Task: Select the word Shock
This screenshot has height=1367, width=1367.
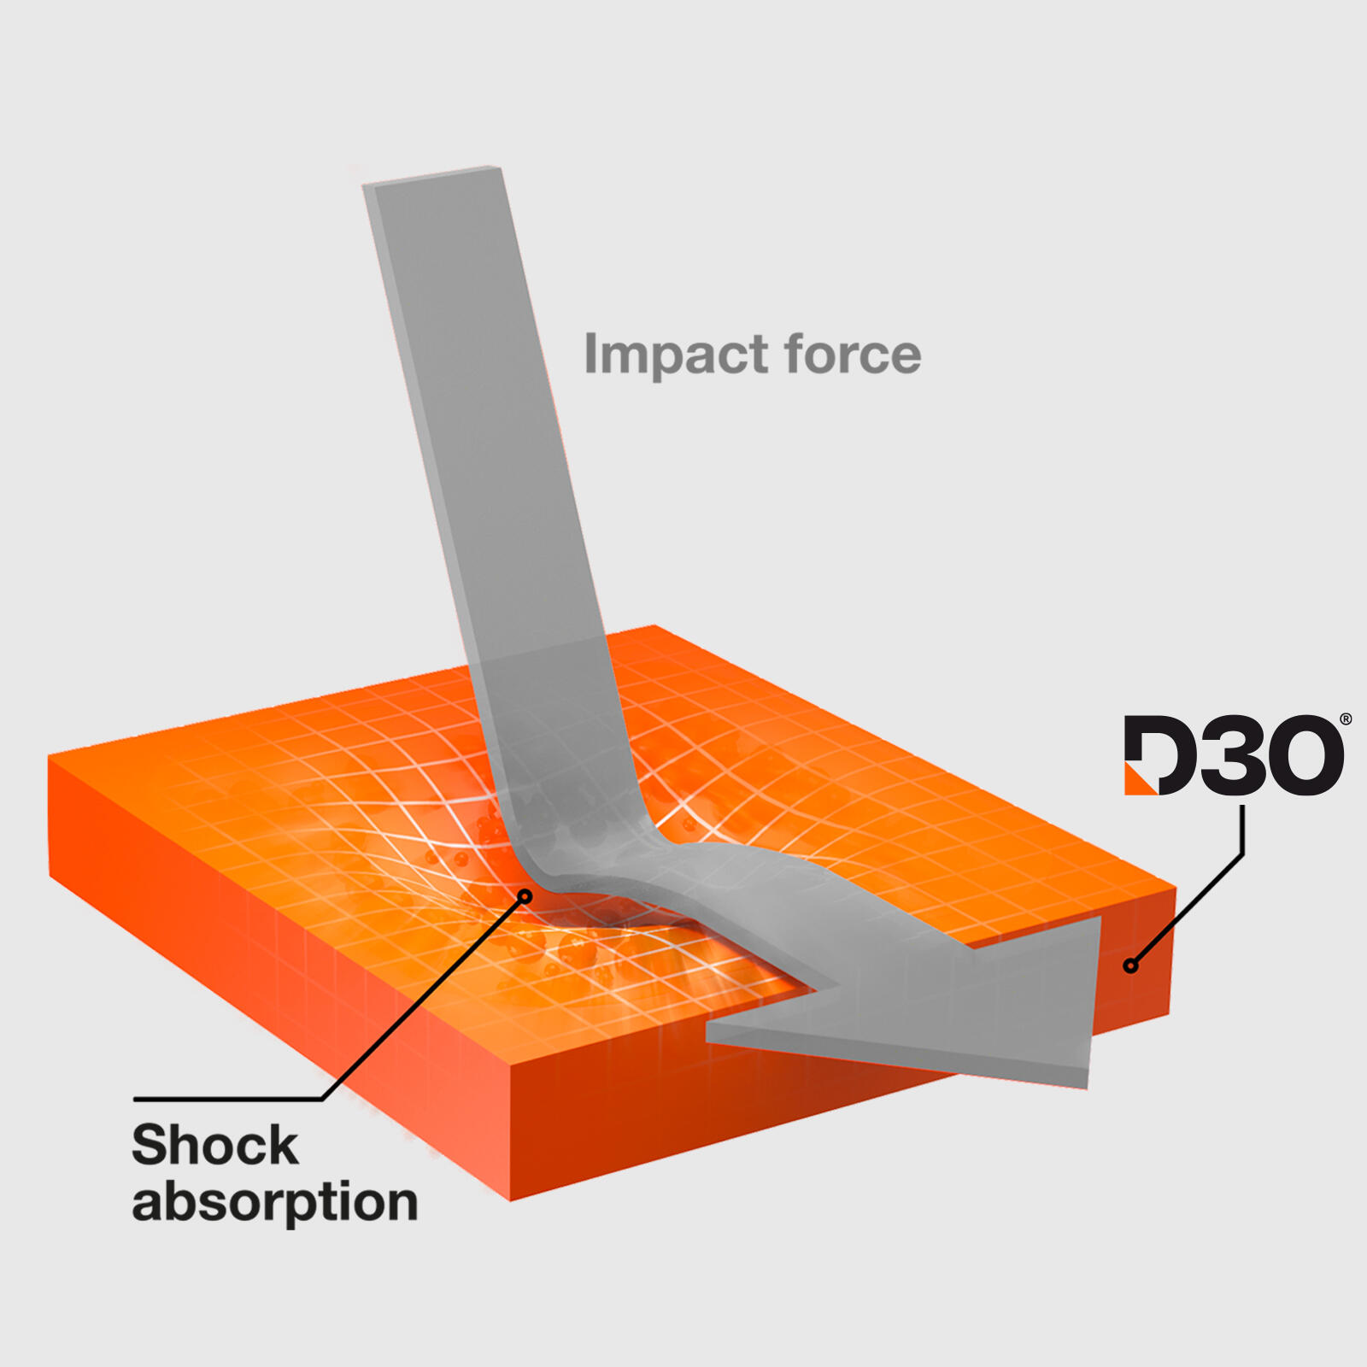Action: [x=215, y=1145]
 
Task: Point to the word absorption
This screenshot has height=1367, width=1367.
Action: [x=275, y=1203]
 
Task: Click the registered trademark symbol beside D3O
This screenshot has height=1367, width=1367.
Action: [x=1346, y=719]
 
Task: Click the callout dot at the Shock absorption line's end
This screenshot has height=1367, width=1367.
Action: [x=525, y=896]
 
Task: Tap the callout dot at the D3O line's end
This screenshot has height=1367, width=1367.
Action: [x=1131, y=966]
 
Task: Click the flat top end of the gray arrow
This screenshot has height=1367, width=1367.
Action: [x=431, y=175]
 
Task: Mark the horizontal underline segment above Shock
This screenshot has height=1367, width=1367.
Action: [x=228, y=1099]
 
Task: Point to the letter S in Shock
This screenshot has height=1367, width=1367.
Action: [x=149, y=1145]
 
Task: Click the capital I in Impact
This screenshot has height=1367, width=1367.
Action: [x=590, y=354]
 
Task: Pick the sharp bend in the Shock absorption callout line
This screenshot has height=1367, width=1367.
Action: [x=323, y=1099]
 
